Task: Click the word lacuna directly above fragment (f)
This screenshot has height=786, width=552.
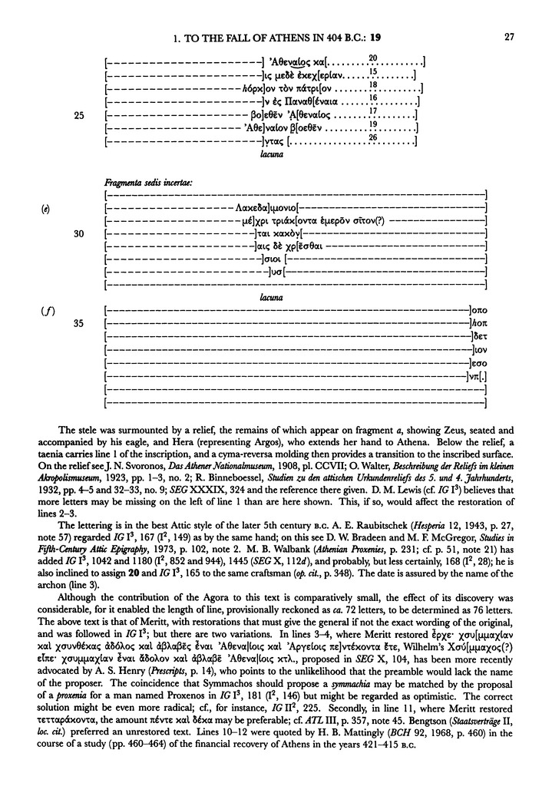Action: click(275, 296)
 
